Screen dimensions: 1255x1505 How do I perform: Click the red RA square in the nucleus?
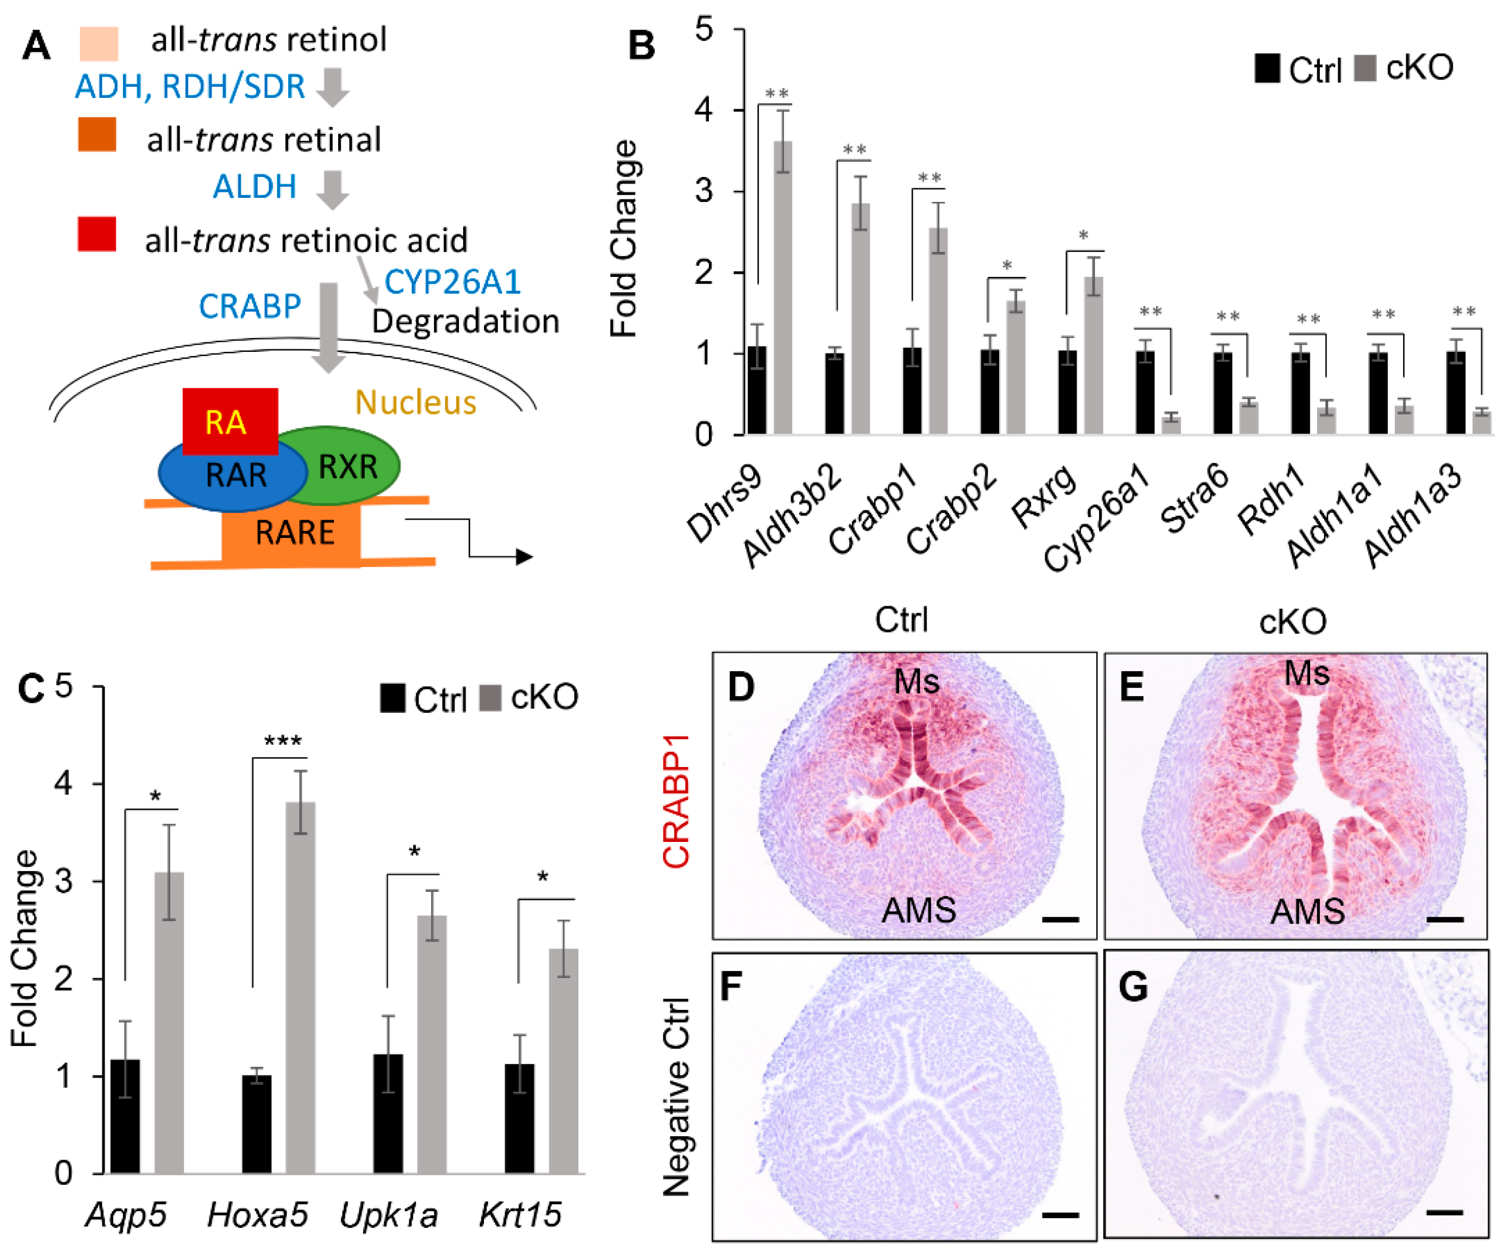(x=229, y=421)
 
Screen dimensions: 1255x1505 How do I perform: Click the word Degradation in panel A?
(x=465, y=321)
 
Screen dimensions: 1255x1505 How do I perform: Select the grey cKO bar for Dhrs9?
(x=783, y=287)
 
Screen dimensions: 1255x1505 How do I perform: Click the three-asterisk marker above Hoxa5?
(x=283, y=741)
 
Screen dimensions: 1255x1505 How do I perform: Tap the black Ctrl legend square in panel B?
(x=1267, y=69)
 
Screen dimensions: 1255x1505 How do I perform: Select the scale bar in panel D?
(x=1061, y=919)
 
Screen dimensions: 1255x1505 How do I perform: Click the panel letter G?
(x=1133, y=986)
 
